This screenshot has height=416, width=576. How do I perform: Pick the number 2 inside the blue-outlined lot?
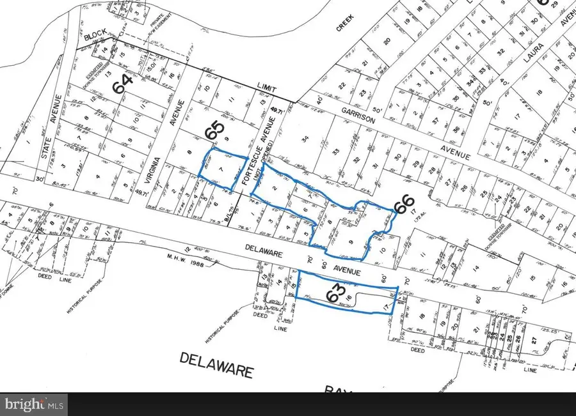point(276,188)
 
